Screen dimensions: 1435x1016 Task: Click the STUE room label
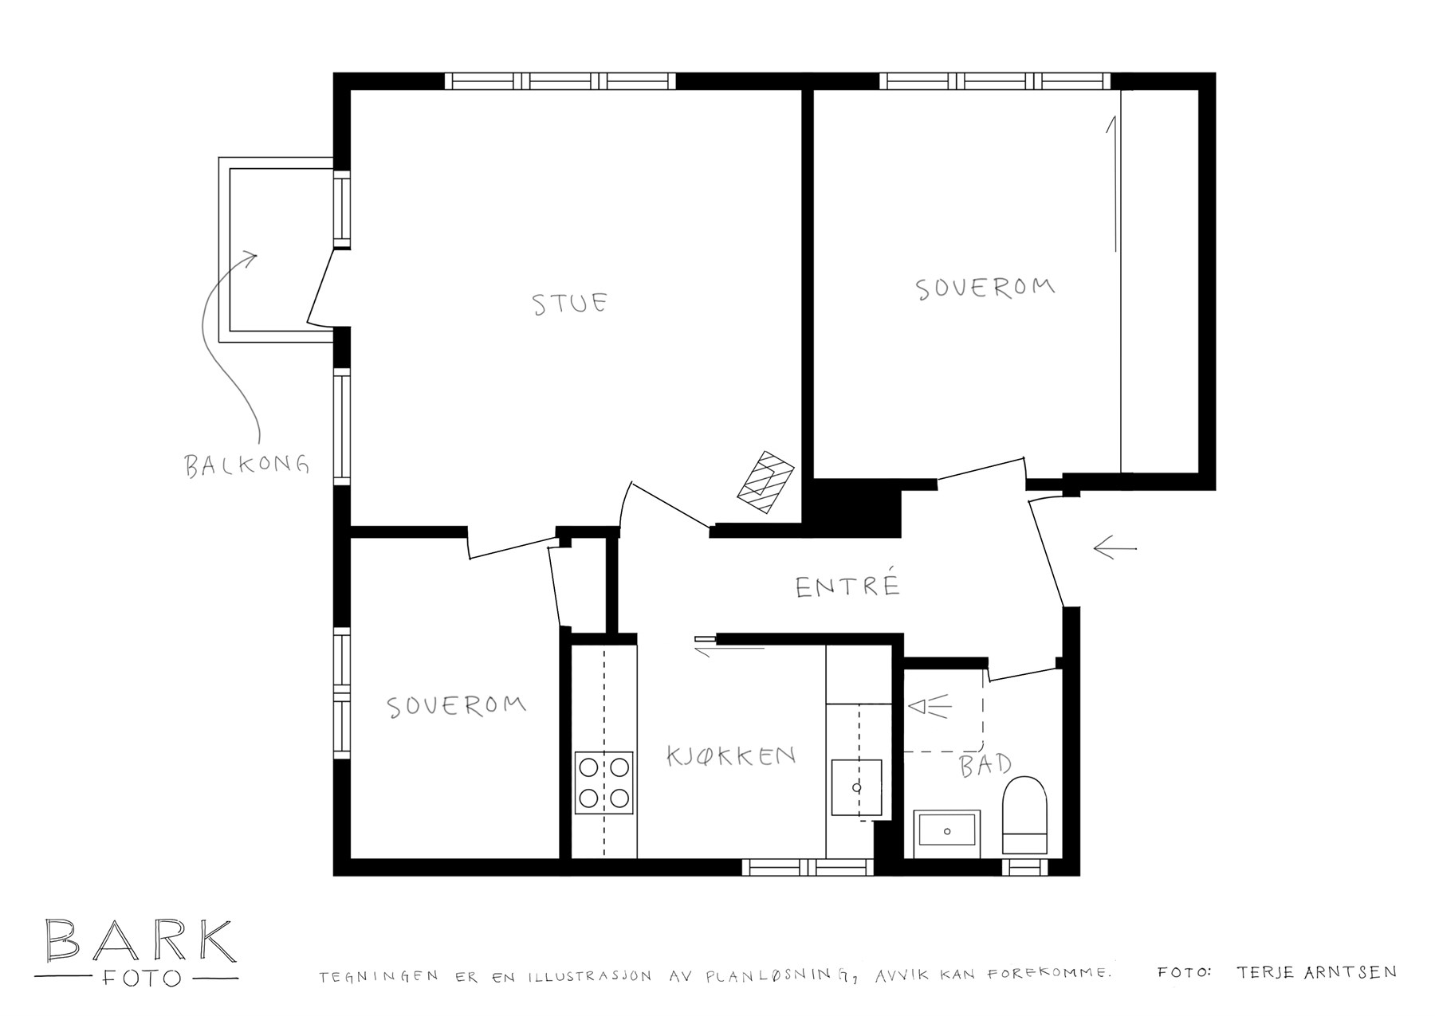570,304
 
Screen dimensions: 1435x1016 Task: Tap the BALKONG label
247,465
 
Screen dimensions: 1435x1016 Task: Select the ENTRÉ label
848,586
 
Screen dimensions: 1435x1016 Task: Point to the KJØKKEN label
731,755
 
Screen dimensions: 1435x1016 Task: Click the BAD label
985,765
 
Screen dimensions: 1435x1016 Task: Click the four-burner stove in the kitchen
604,783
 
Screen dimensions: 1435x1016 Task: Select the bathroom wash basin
947,831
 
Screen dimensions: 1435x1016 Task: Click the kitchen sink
857,787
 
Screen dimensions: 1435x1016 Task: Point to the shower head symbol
930,707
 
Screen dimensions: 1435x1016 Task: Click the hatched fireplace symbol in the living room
765,481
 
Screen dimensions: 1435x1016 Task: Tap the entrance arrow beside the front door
1115,547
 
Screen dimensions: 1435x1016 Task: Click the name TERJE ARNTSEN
1316,972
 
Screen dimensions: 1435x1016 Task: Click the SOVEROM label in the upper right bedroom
985,288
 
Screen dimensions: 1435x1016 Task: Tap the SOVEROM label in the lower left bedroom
456,706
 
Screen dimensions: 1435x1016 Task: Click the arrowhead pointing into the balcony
251,259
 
